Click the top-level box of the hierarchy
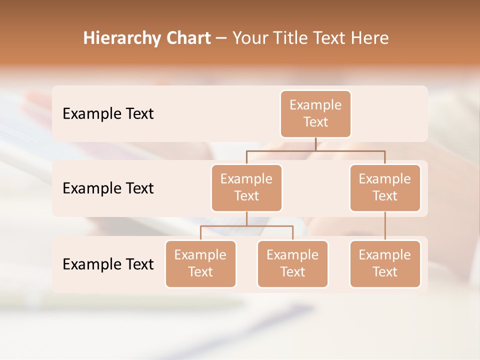(x=315, y=113)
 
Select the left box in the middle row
(x=246, y=187)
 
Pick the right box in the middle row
(x=385, y=187)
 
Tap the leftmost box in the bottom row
(x=200, y=263)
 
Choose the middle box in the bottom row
(x=292, y=263)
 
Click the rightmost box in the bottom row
(x=385, y=263)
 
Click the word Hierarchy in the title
(x=120, y=38)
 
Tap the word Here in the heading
(x=370, y=38)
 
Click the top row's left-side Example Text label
(x=108, y=113)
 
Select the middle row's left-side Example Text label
(x=108, y=188)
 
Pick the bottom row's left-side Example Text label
(x=108, y=264)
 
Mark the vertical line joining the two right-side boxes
(x=385, y=225)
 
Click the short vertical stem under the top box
(x=315, y=144)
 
